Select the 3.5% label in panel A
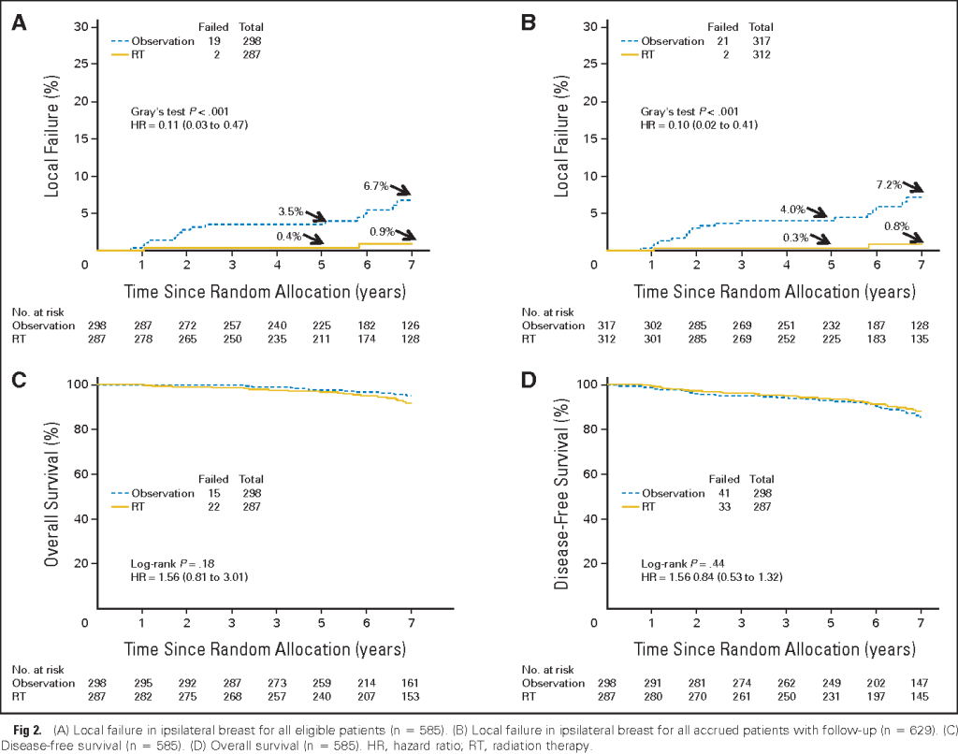[290, 212]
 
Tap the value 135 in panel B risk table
[921, 338]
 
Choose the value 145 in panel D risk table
[921, 697]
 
